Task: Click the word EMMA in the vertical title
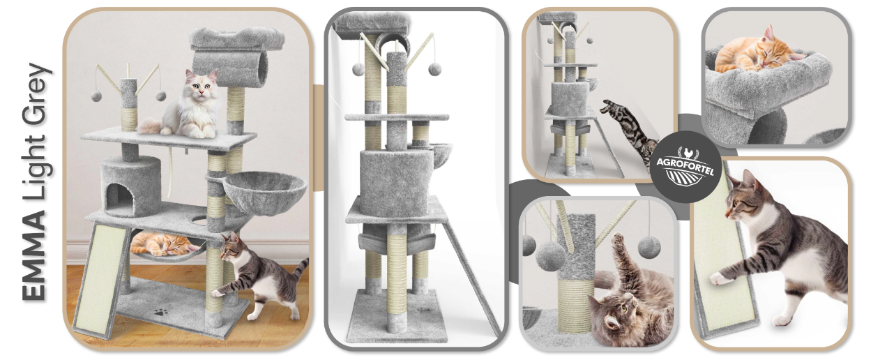click(x=33, y=255)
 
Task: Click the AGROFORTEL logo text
click(x=685, y=164)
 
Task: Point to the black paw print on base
click(x=160, y=312)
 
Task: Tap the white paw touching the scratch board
click(x=720, y=279)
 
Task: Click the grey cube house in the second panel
click(x=396, y=183)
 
